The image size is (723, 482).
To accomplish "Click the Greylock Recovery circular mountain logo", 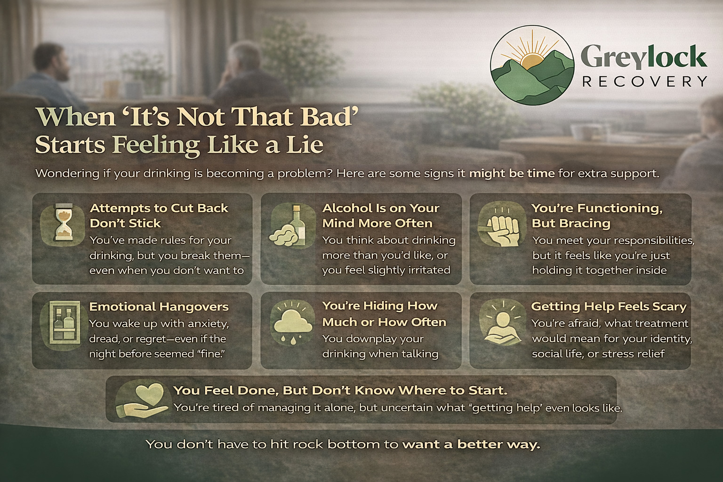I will tap(532, 65).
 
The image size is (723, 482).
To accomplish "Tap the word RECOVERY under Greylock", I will tap(644, 82).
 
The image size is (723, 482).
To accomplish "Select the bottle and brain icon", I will tap(289, 227).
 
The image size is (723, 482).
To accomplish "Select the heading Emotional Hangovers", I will tap(159, 307).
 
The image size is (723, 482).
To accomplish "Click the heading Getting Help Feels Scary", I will tap(609, 307).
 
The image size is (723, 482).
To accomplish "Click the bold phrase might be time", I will tap(512, 174).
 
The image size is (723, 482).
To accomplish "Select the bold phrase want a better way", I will tap(471, 444).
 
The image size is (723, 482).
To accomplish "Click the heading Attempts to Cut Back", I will tap(159, 208).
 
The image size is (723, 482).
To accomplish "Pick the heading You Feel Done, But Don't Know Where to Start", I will tap(340, 390).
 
